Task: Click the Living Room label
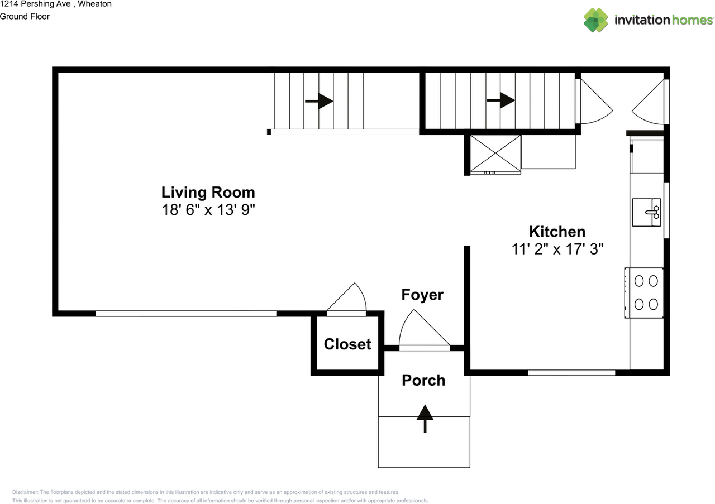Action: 208,193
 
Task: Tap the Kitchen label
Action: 557,232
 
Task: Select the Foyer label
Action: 422,295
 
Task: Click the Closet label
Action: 347,344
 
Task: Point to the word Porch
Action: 423,381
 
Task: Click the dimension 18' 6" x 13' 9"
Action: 208,210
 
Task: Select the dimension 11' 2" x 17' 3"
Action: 557,249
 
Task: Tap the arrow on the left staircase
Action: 319,102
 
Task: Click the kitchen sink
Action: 646,212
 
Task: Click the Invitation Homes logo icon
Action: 596,20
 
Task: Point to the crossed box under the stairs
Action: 495,153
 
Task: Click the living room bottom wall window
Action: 185,314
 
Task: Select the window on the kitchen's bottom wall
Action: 571,372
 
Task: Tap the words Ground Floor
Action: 25,16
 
